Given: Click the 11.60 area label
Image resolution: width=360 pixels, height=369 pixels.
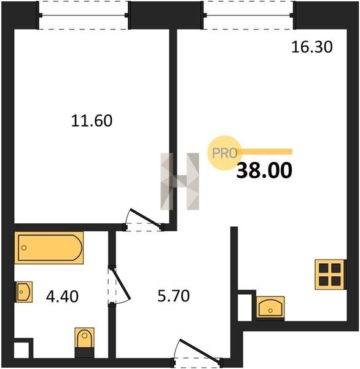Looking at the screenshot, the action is click(x=92, y=121).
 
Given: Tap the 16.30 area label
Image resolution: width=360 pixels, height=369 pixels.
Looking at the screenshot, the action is click(x=312, y=47).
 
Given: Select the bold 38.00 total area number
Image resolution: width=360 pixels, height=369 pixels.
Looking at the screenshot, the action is click(x=264, y=170).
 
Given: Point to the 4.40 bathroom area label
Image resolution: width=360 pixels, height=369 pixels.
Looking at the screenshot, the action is click(x=62, y=296).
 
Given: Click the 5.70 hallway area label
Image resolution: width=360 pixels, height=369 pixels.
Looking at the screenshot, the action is click(x=173, y=296).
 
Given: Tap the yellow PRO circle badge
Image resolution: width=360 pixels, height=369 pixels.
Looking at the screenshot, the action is click(x=224, y=153).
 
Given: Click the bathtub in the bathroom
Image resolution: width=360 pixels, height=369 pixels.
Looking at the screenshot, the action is click(x=49, y=248).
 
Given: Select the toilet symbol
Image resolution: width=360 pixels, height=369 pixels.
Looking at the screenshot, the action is click(x=84, y=343).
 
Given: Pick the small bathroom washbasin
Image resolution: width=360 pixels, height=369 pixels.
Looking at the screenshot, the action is click(x=24, y=292).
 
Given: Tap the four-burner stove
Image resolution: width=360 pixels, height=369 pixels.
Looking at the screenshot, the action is click(x=330, y=274).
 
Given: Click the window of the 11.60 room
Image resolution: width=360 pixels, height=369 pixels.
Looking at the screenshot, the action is click(x=84, y=15).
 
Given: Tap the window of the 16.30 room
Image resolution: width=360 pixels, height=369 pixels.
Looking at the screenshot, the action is click(x=248, y=15).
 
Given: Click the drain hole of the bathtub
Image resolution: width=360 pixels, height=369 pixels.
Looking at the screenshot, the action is click(x=24, y=248).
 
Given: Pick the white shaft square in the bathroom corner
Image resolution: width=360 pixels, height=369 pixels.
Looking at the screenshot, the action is click(x=22, y=350).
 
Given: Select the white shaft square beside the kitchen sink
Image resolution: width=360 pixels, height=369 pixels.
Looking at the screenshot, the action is click(x=245, y=307).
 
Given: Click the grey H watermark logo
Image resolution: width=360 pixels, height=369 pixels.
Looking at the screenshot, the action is click(x=180, y=181).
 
